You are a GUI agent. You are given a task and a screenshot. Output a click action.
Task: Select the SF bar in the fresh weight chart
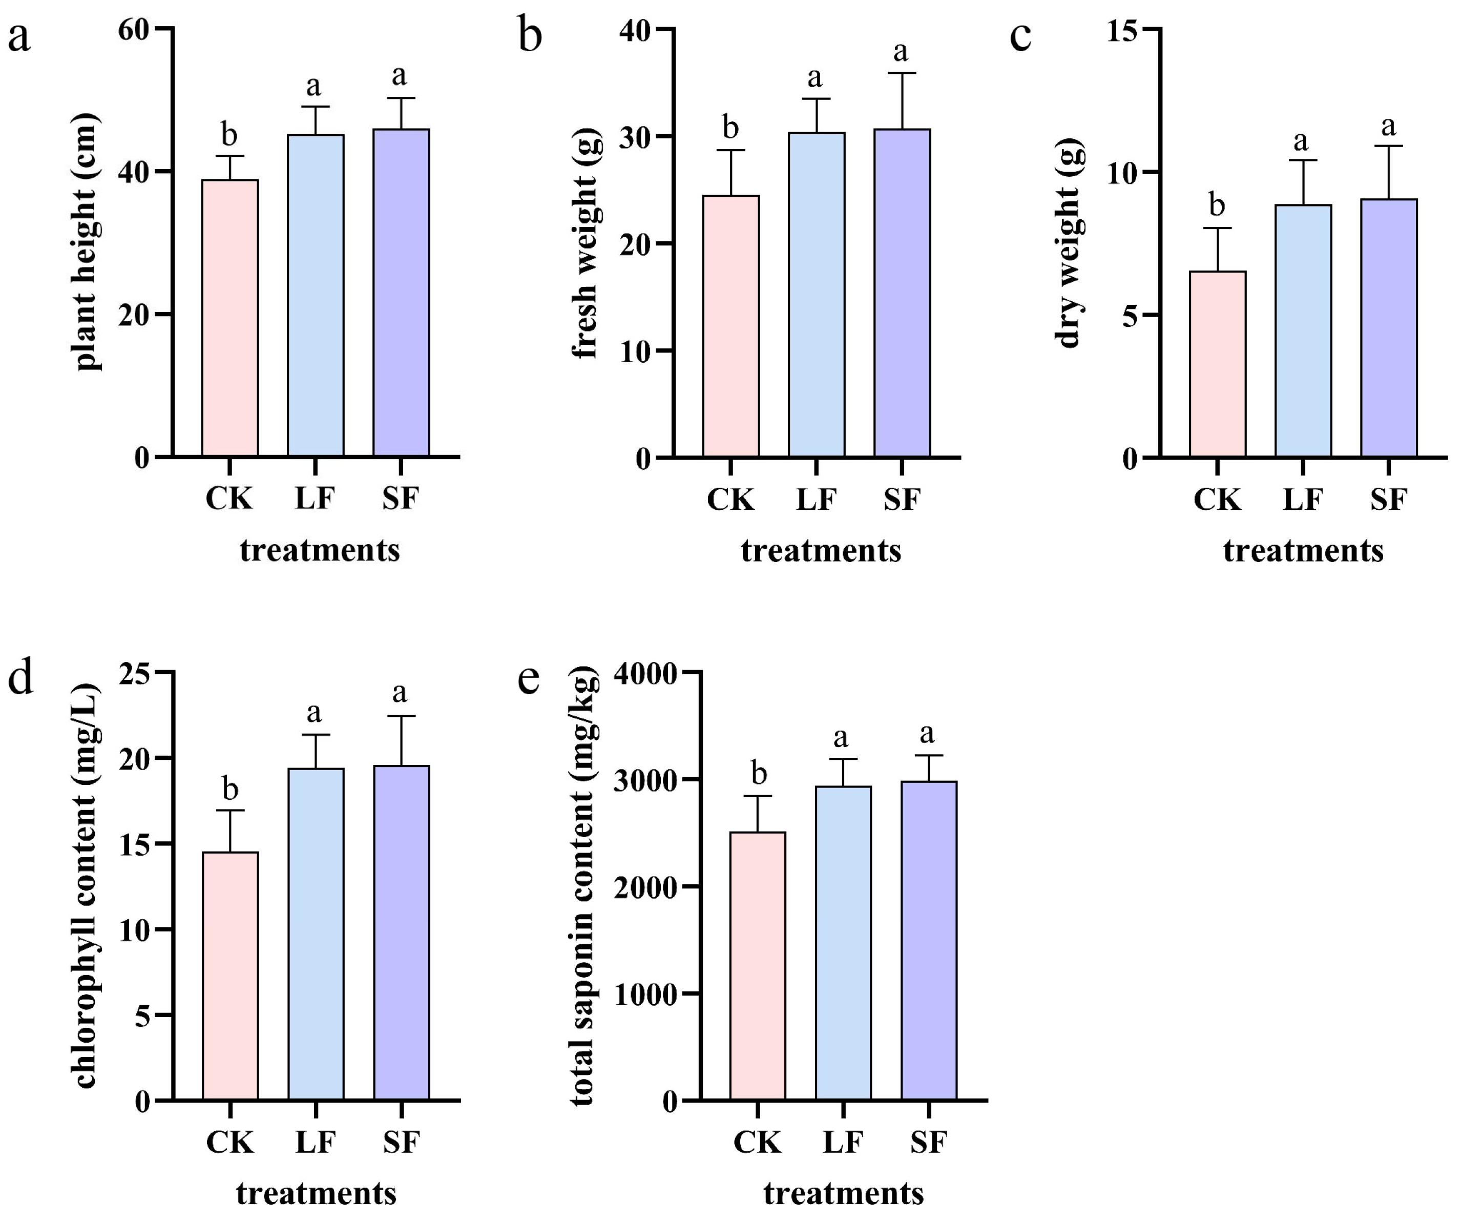pos(902,293)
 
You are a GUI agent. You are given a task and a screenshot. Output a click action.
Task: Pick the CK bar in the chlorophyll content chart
pos(229,976)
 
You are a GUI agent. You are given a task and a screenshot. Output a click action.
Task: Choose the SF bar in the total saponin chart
pos(929,940)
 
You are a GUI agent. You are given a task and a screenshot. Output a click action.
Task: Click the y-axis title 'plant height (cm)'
pos(87,242)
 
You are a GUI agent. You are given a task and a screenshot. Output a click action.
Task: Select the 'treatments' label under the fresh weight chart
pos(821,551)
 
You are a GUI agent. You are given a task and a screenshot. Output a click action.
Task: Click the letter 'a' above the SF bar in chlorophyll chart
pos(400,692)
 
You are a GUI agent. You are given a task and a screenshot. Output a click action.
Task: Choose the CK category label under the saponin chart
pos(758,1142)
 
